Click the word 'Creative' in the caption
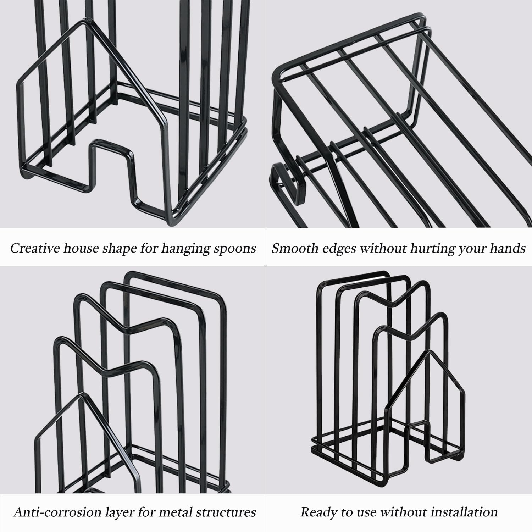point(34,248)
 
